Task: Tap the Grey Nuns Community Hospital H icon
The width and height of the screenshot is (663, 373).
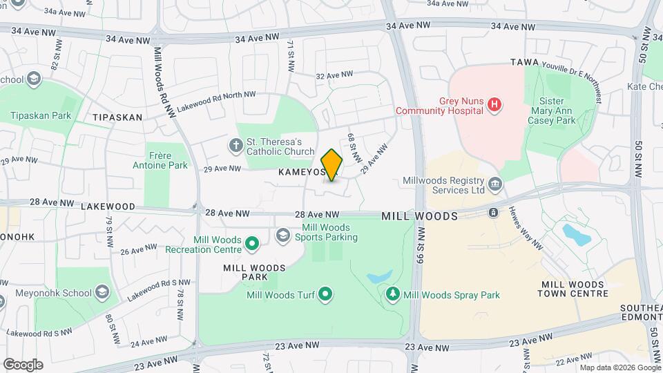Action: pos(494,105)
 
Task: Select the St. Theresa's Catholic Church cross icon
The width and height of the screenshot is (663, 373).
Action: pos(236,146)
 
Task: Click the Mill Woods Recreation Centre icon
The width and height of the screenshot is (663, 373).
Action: pos(252,242)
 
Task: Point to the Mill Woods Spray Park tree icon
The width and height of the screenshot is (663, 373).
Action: pos(393,295)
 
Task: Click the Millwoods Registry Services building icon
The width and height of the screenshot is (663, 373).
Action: pos(495,184)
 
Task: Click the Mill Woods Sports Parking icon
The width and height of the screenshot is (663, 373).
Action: pos(282,236)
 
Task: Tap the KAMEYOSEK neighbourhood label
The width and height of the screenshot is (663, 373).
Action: pos(302,171)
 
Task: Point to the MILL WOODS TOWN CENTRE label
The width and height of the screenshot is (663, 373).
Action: pos(575,289)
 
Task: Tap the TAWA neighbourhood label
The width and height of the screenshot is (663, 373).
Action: pos(524,62)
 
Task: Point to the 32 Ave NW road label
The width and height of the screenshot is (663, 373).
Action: pos(334,75)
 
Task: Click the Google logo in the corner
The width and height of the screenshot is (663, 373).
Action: pos(23,364)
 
